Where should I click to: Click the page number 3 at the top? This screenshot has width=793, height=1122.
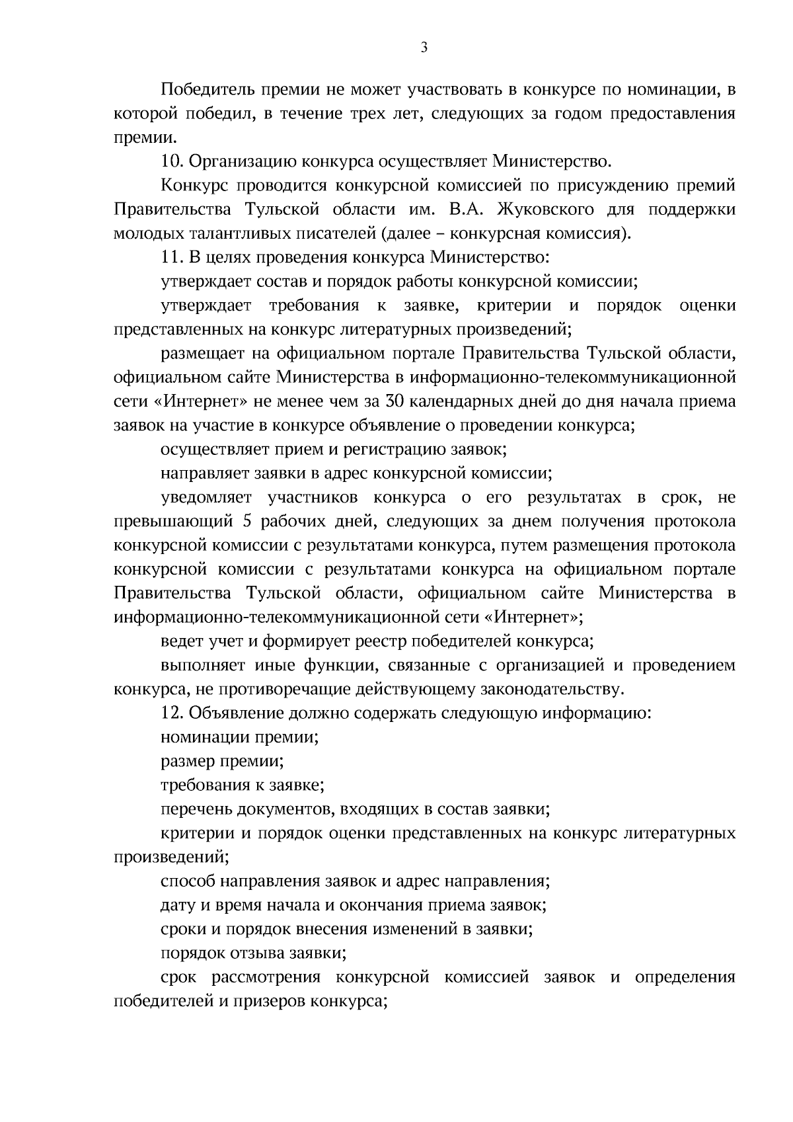click(424, 47)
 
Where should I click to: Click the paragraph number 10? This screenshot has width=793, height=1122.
click(170, 161)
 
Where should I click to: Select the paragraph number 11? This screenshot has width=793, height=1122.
click(170, 257)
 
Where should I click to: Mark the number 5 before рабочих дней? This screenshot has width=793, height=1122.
click(248, 521)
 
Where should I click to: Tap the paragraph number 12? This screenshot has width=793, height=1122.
click(170, 713)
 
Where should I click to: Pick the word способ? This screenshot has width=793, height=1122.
click(186, 881)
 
